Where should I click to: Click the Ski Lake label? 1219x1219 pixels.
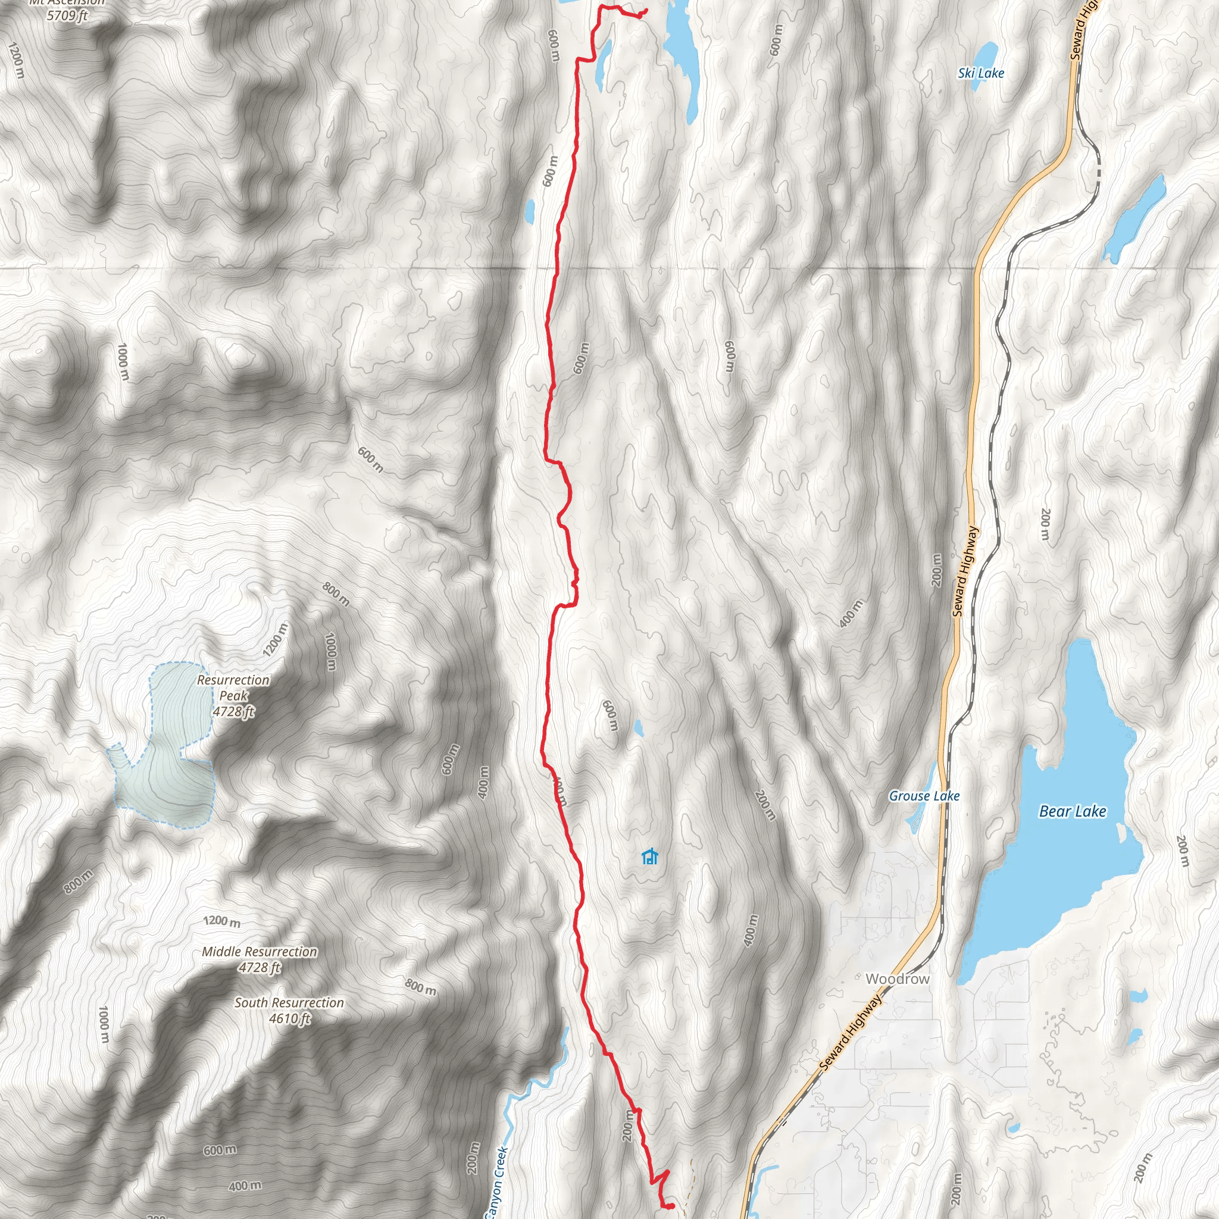point(980,73)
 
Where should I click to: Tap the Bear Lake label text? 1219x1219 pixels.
point(1072,811)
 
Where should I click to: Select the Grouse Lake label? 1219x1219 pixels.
point(924,796)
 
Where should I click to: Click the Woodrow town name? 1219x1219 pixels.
point(897,979)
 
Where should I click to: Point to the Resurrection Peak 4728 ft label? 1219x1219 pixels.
point(233,695)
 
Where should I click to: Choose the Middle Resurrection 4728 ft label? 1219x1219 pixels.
point(260,959)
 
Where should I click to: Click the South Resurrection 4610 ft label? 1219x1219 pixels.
point(289,1010)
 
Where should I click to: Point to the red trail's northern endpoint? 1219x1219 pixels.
point(645,10)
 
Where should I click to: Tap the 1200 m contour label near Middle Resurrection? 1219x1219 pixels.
point(221,921)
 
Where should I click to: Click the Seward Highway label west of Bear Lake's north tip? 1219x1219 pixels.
point(965,571)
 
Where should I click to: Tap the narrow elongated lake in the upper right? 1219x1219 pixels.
point(1134,218)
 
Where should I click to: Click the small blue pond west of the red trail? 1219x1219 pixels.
point(529,211)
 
